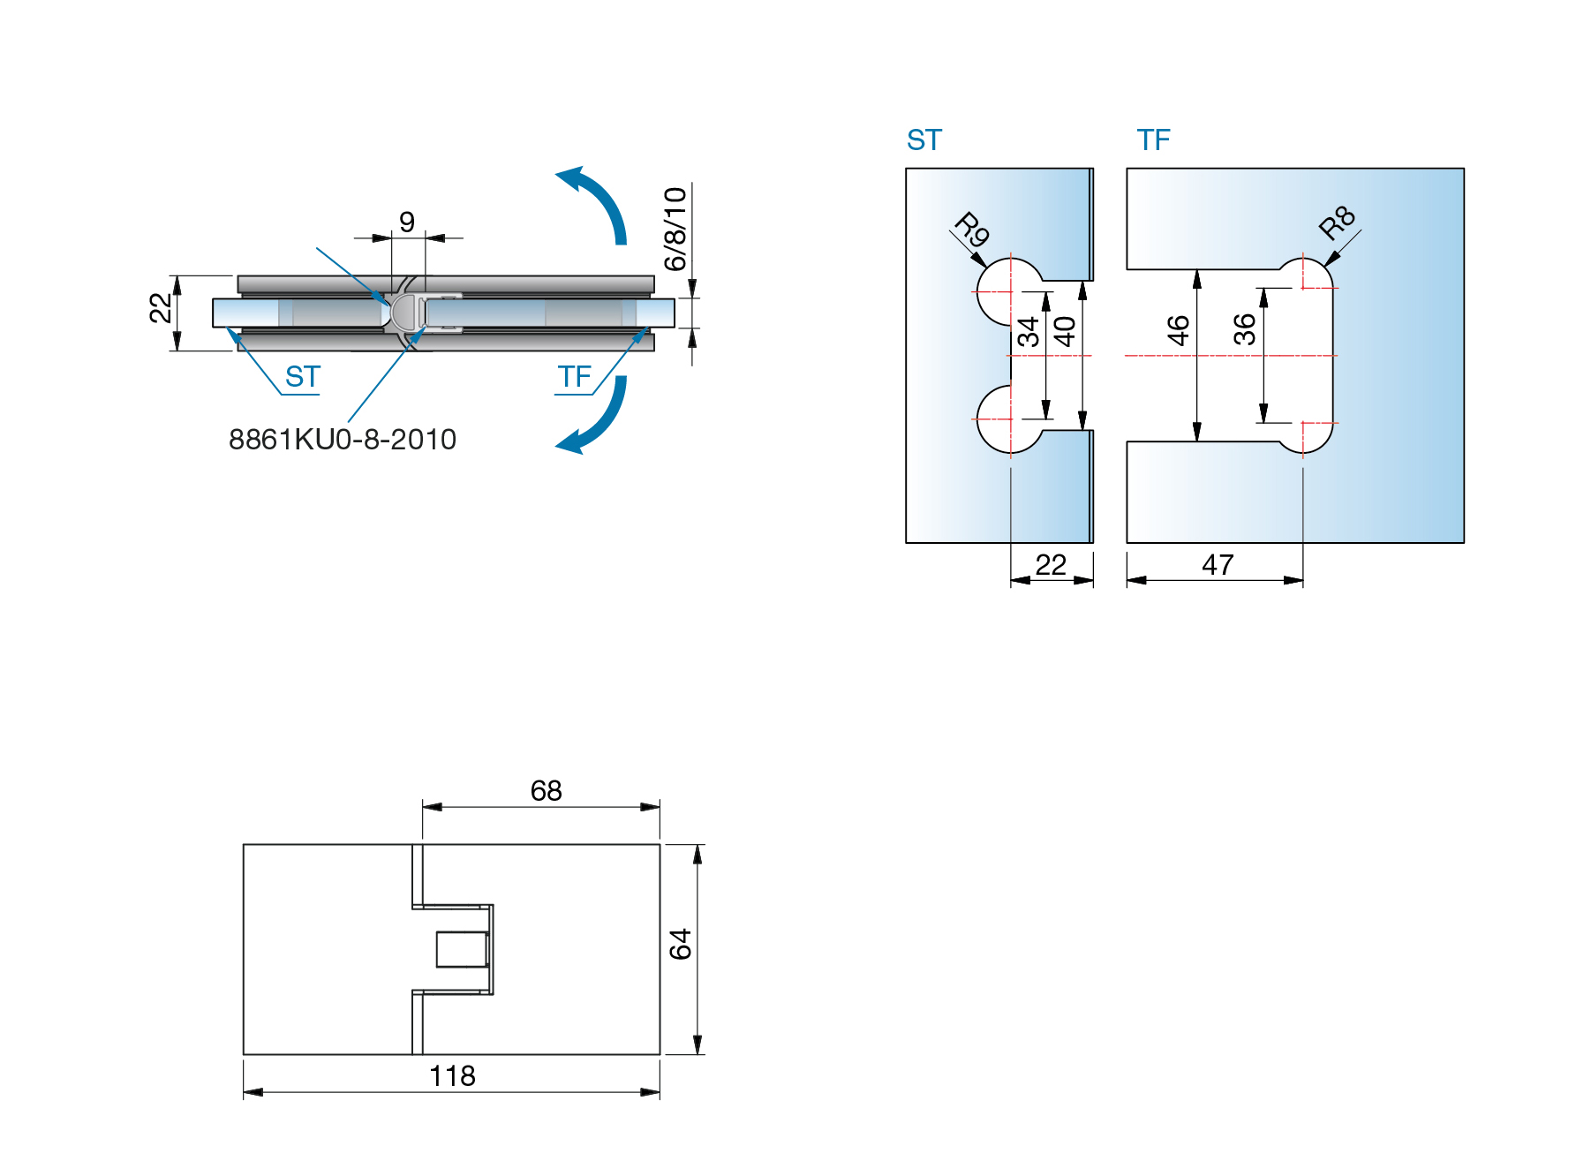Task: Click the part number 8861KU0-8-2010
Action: tap(343, 439)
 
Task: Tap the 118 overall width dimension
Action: tap(452, 1075)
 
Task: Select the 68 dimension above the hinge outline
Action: tap(546, 790)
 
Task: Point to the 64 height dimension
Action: tap(680, 944)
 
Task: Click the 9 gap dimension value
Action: tap(406, 221)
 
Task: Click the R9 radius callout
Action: tap(972, 230)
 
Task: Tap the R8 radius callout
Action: tap(1337, 222)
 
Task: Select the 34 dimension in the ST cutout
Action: tap(1028, 332)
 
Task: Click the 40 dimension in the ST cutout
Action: tap(1065, 331)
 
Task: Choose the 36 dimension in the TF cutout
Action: tap(1244, 329)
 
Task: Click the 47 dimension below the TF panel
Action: tap(1218, 564)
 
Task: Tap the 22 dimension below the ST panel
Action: tap(1051, 564)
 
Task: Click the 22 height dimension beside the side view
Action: tap(160, 308)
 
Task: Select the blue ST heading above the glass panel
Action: tap(924, 139)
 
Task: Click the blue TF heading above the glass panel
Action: tap(1153, 139)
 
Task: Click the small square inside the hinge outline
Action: tap(462, 949)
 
